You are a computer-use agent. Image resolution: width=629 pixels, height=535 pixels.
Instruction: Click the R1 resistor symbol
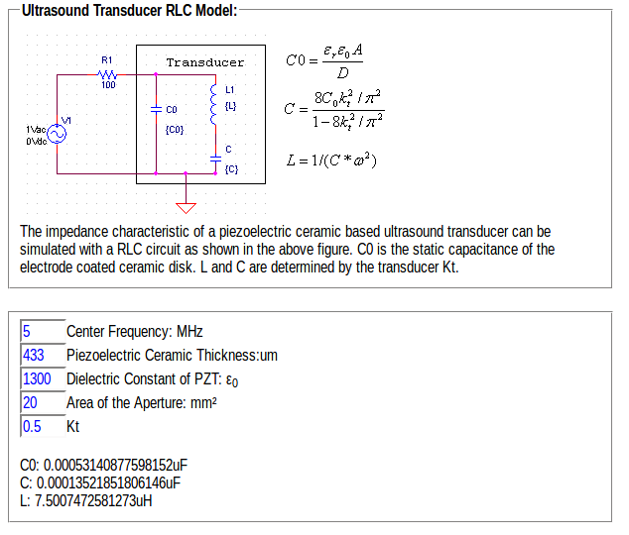[x=108, y=74]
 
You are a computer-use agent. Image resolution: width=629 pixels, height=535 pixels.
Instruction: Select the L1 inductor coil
[x=212, y=104]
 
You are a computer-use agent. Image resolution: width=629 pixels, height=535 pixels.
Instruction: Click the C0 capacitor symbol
[x=157, y=109]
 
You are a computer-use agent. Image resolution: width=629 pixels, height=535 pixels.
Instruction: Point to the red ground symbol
[x=187, y=206]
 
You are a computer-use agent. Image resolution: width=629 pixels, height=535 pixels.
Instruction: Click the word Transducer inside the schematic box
[x=205, y=62]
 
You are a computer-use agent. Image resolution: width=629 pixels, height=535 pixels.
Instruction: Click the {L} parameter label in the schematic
[x=230, y=104]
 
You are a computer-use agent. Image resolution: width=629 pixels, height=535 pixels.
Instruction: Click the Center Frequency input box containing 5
[x=41, y=331]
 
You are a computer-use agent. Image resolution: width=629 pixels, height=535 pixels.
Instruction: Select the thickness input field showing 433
[x=41, y=355]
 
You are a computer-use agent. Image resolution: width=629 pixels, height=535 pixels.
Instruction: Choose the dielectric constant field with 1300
[x=41, y=378]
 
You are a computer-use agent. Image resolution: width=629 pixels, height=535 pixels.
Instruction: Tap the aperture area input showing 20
[x=41, y=402]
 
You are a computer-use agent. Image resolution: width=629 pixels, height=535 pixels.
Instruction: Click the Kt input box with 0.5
[x=41, y=426]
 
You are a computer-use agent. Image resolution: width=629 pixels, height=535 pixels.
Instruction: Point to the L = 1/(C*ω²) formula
[x=331, y=160]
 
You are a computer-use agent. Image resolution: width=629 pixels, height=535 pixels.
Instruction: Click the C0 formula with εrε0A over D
[x=323, y=60]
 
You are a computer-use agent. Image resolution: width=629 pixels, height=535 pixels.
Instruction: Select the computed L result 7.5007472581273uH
[x=86, y=499]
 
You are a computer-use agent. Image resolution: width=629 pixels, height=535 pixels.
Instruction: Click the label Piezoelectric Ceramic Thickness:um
[x=172, y=355]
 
